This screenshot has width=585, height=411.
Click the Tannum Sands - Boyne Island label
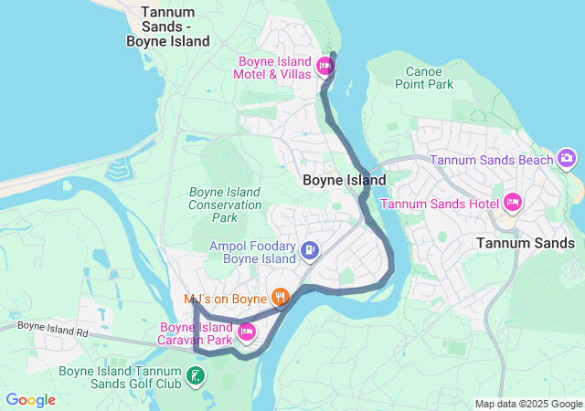pos(169,26)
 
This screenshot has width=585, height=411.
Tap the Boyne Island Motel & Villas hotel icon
pos(324,67)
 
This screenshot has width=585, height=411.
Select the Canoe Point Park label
pos(423,78)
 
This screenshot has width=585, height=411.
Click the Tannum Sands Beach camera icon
pos(567,160)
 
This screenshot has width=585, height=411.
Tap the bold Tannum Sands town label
pos(526,243)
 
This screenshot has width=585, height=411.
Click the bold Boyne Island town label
pos(344,180)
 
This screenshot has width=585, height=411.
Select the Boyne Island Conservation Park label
pos(225,205)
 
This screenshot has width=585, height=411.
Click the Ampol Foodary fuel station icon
pos(310,249)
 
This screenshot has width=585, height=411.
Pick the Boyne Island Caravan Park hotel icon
pos(246,331)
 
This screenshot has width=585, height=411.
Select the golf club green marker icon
pos(195,375)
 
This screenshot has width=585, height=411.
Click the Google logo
pos(30,400)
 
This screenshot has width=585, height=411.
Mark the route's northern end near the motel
pos(333,56)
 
